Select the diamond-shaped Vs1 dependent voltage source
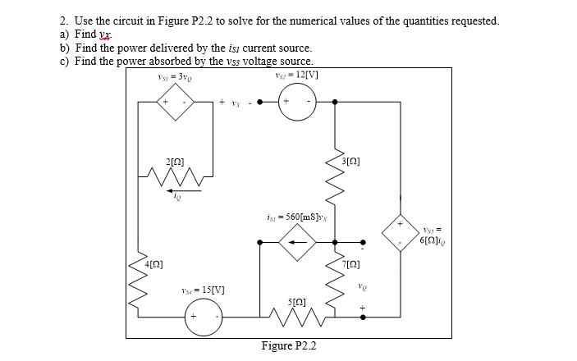point(177,103)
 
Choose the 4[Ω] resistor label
point(154,264)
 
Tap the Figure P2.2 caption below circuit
point(288,345)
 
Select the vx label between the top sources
point(234,103)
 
